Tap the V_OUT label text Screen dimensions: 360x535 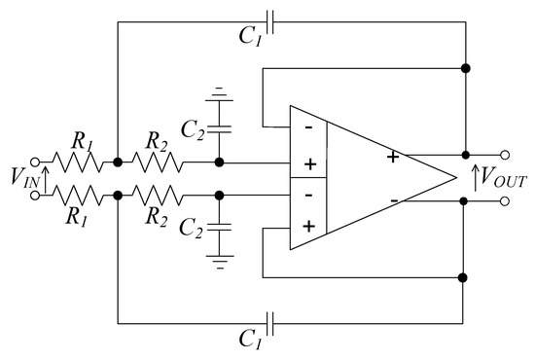tap(501, 179)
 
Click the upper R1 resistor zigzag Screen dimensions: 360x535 tap(77, 162)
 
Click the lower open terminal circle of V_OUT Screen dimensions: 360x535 tap(506, 201)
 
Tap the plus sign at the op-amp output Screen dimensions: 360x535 tap(392, 156)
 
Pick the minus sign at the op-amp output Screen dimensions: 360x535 tap(393, 200)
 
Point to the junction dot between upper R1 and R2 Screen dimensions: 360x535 tap(117, 162)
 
